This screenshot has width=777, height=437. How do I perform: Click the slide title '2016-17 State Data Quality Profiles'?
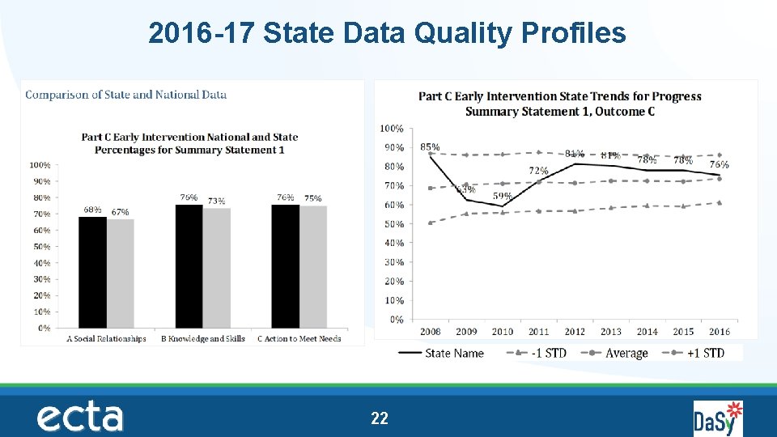(x=387, y=33)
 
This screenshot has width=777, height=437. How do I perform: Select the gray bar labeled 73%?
(x=216, y=268)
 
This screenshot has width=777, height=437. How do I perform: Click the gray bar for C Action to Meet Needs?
(x=313, y=267)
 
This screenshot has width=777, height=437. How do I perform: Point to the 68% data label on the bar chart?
(x=92, y=210)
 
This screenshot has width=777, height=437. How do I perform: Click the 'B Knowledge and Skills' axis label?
(x=202, y=339)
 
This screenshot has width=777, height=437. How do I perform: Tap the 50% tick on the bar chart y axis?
(x=41, y=247)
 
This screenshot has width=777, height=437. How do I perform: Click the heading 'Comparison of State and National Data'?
(x=126, y=95)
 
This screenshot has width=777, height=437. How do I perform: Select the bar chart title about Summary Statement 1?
(x=189, y=143)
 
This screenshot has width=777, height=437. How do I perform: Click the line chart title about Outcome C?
(x=559, y=104)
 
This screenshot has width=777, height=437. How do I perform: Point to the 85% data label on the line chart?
(x=430, y=147)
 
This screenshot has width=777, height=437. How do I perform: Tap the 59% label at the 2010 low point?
(x=502, y=197)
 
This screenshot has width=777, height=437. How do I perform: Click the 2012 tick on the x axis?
(x=575, y=332)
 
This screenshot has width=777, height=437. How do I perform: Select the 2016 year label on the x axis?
(x=719, y=332)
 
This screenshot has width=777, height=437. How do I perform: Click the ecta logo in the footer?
(x=79, y=418)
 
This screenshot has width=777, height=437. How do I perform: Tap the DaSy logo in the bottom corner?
(x=717, y=418)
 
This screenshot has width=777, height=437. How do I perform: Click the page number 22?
(x=379, y=418)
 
